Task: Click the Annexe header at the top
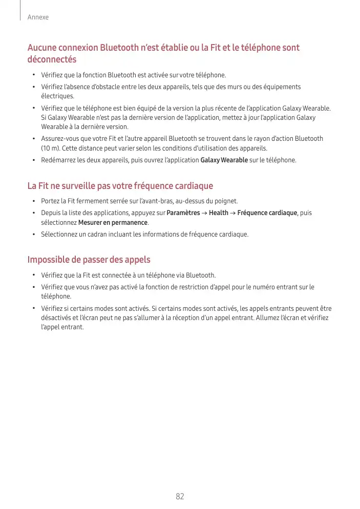tap(39, 17)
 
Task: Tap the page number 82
tap(180, 496)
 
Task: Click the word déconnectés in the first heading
tap(52, 59)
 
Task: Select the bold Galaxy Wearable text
tap(224, 160)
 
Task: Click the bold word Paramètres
tap(183, 213)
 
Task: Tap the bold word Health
tap(219, 213)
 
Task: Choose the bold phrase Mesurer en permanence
tap(113, 222)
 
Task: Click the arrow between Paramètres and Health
tap(205, 213)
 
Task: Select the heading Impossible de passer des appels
tap(89, 260)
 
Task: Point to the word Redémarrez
tap(58, 160)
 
